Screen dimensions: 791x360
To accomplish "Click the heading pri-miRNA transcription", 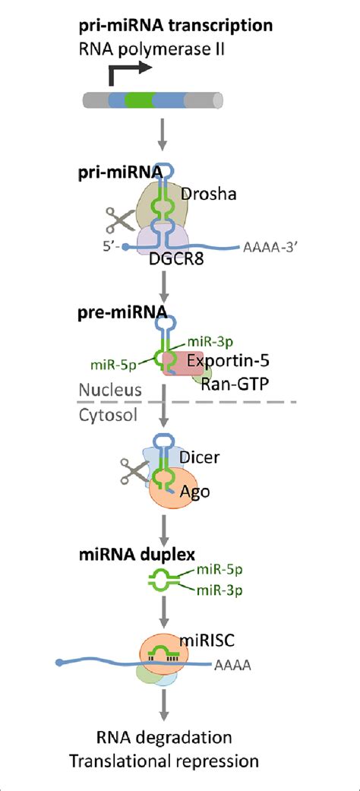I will (x=175, y=27).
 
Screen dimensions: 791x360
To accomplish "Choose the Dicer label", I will (x=198, y=457).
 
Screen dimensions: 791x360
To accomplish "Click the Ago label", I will (x=194, y=492).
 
